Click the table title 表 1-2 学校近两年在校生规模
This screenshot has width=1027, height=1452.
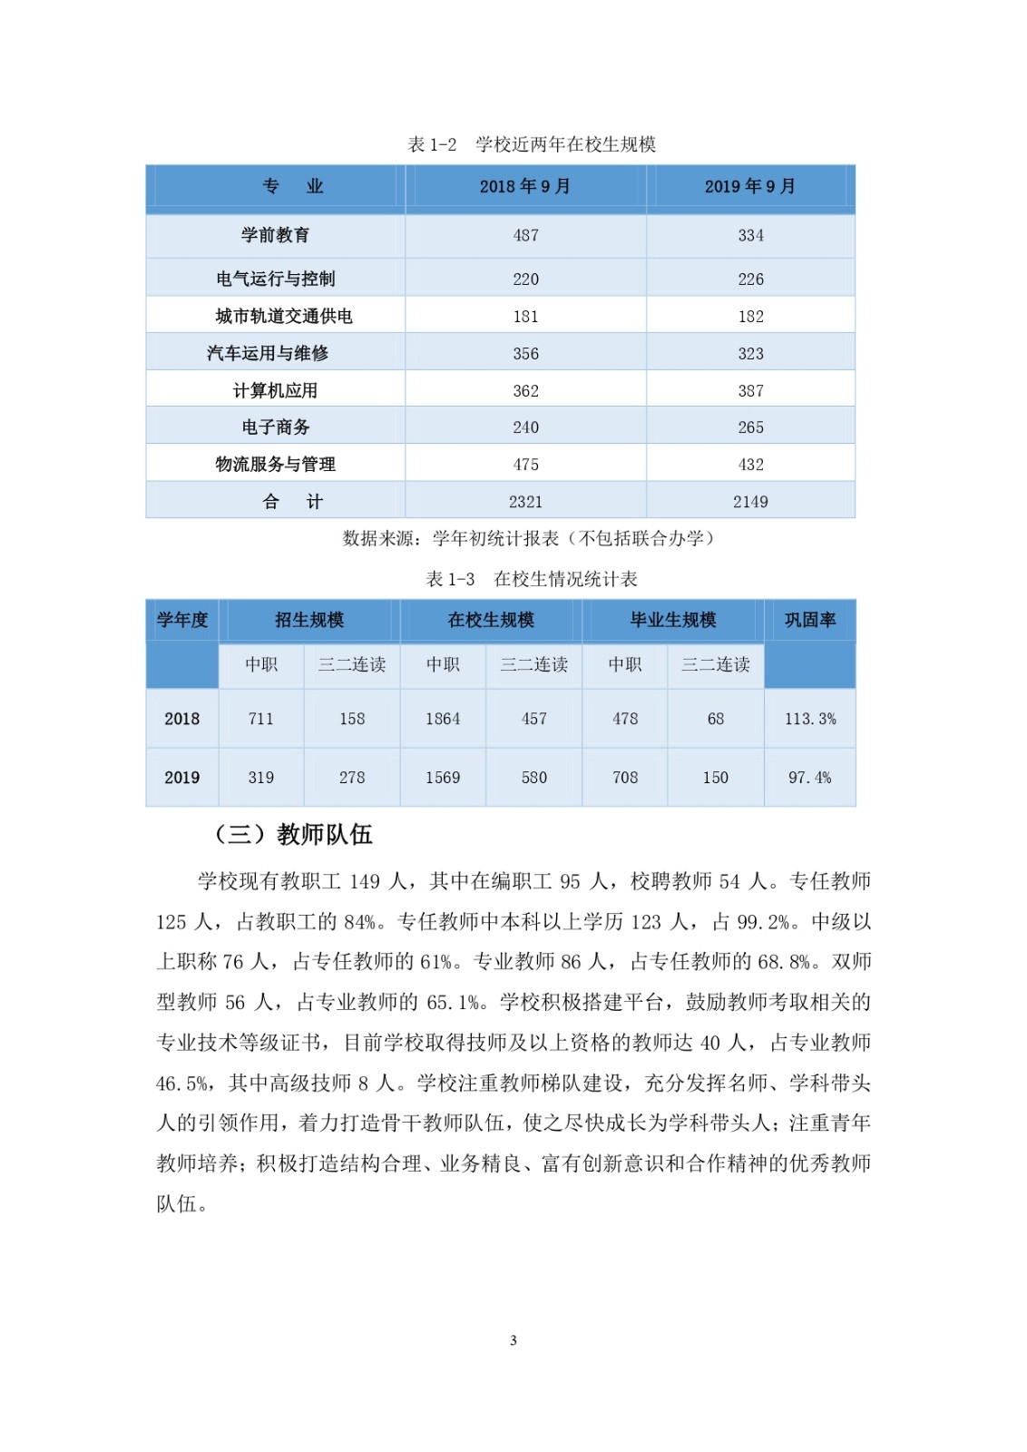532,144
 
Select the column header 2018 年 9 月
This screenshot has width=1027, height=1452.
524,186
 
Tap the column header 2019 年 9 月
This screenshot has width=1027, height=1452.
749,186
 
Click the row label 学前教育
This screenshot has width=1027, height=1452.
275,235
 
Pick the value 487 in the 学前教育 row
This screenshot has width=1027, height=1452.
525,235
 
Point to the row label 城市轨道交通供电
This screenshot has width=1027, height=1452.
283,316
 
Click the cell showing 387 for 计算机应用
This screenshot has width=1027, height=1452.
750,390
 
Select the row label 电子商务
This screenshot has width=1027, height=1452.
275,427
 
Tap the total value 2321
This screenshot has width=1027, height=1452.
525,501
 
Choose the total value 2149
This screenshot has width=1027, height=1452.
750,501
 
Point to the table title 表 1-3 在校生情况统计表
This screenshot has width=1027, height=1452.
532,579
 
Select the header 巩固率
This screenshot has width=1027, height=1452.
809,620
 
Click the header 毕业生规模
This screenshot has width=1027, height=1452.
672,620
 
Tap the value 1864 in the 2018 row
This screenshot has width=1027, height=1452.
443,719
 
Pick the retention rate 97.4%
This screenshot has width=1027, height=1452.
809,777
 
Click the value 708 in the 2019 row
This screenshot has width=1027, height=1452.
625,777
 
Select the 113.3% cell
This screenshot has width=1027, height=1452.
809,719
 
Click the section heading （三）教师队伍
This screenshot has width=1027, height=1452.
294,834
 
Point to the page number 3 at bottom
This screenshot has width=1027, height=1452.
513,1340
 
